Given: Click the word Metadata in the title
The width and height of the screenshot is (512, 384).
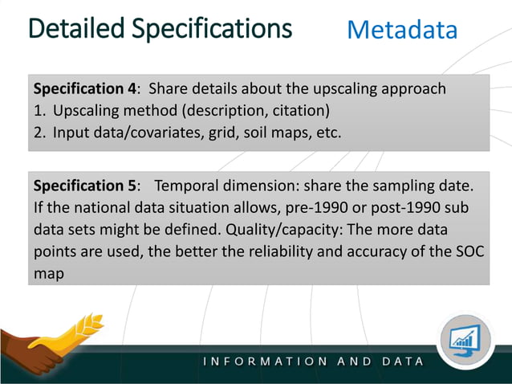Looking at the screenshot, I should point(402,31).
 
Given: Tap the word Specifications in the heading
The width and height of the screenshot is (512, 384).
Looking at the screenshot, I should point(211,29).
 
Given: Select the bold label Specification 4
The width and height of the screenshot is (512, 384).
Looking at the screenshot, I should point(83,88).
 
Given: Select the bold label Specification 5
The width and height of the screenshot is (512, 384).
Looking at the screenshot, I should point(83,186).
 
